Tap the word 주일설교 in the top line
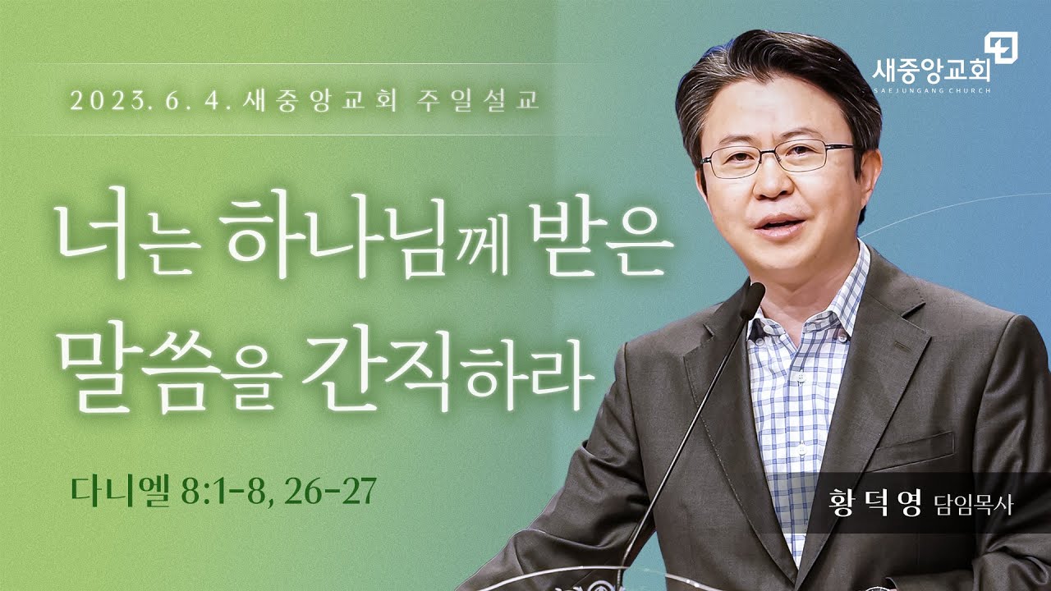point(478,100)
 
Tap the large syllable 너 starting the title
point(94,232)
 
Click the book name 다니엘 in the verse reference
point(121,491)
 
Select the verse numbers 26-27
point(330,491)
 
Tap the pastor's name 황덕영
point(876,502)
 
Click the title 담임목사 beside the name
point(973,504)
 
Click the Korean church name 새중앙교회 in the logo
point(932,71)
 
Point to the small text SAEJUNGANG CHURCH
point(932,90)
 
